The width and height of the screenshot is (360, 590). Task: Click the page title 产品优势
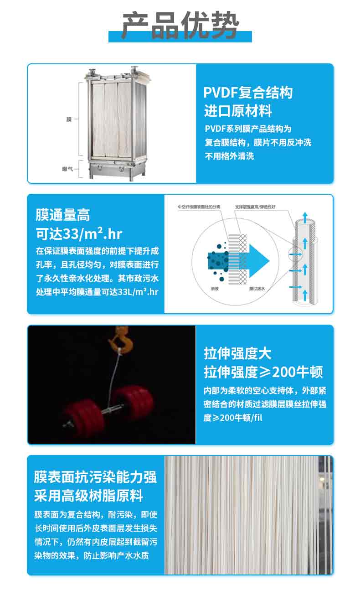180,26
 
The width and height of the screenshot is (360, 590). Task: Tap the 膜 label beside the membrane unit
69,119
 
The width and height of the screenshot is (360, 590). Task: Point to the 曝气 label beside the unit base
68,169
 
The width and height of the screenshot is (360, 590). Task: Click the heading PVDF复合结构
248,93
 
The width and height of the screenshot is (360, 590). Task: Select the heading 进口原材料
238,110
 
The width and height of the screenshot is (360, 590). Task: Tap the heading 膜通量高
62,215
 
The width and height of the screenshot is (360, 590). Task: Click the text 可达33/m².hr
79,234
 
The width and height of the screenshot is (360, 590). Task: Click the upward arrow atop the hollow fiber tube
304,215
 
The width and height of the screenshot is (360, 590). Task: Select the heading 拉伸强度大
237,353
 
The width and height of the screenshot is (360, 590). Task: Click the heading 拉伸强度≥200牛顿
263,372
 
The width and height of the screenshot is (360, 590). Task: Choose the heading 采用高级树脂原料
88,495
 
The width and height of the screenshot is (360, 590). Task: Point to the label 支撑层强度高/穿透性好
255,207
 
